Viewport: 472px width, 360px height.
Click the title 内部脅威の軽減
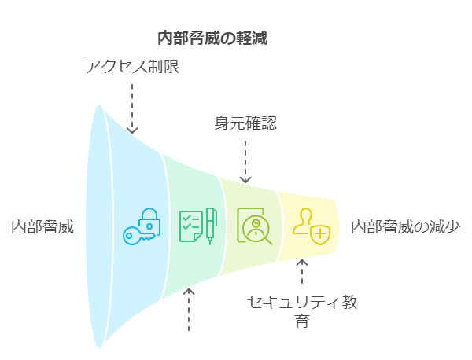click(212, 39)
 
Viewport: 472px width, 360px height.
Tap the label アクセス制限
click(132, 66)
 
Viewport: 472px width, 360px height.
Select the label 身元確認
click(245, 123)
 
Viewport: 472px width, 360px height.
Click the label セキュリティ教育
click(302, 311)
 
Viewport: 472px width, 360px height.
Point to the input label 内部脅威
click(42, 226)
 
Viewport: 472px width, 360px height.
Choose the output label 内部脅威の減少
click(405, 226)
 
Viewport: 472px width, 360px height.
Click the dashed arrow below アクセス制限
click(132, 108)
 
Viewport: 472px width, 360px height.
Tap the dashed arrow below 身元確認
click(245, 162)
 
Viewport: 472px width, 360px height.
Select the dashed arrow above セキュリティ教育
click(302, 272)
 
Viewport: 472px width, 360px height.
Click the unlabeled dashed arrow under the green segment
click(189, 310)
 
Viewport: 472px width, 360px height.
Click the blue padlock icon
click(149, 222)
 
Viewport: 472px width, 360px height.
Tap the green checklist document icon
click(191, 226)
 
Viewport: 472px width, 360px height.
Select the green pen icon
click(210, 226)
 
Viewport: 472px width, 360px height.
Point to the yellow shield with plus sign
click(320, 234)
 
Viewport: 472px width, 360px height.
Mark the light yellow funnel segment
click(307, 226)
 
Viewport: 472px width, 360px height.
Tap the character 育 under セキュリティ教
click(302, 321)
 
